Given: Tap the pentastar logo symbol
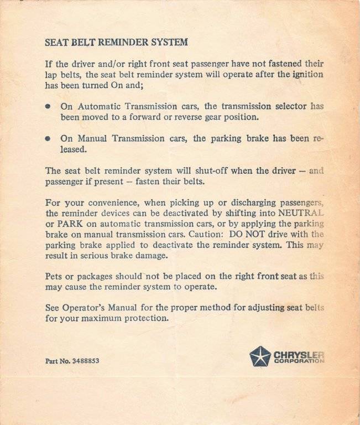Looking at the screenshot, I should click(x=260, y=356).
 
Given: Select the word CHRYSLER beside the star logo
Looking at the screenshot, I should click(x=299, y=353).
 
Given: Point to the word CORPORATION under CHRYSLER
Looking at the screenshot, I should click(x=299, y=361).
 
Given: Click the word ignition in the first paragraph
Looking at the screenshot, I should click(x=308, y=75).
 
